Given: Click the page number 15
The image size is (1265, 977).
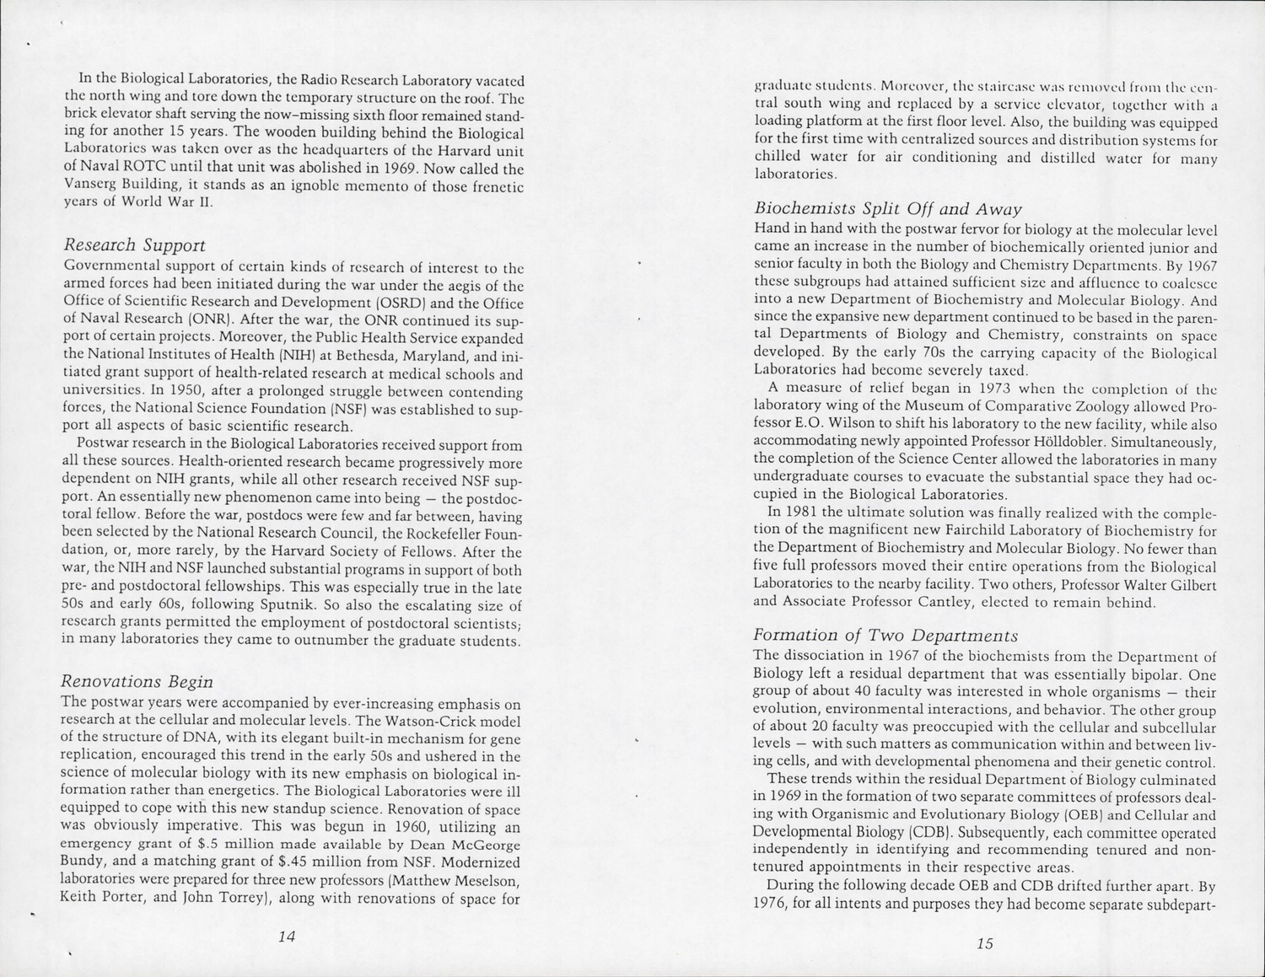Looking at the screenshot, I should (x=984, y=943).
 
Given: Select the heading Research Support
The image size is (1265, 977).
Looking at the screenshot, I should (x=134, y=245).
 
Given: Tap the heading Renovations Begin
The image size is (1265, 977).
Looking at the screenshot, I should (x=137, y=681).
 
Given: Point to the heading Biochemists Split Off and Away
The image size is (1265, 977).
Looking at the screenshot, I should (x=888, y=208).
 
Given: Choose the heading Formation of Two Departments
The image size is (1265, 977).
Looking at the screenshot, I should (x=885, y=635).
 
